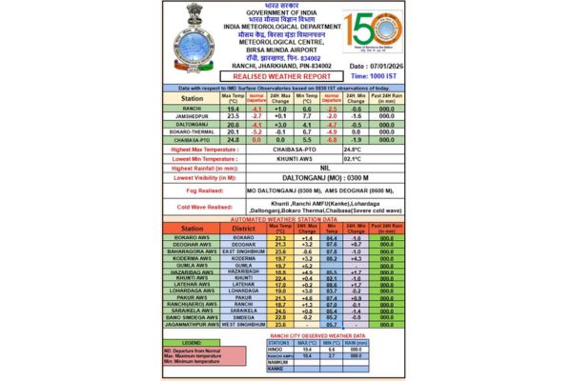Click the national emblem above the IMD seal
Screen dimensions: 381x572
pyautogui.click(x=186, y=18)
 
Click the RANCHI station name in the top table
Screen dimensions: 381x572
pyautogui.click(x=191, y=110)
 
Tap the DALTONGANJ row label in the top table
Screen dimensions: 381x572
pyautogui.click(x=191, y=124)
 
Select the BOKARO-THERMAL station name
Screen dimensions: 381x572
pyautogui.click(x=191, y=131)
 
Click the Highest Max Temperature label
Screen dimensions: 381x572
pyautogui.click(x=208, y=150)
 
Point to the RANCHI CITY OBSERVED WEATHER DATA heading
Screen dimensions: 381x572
pyautogui.click(x=318, y=335)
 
